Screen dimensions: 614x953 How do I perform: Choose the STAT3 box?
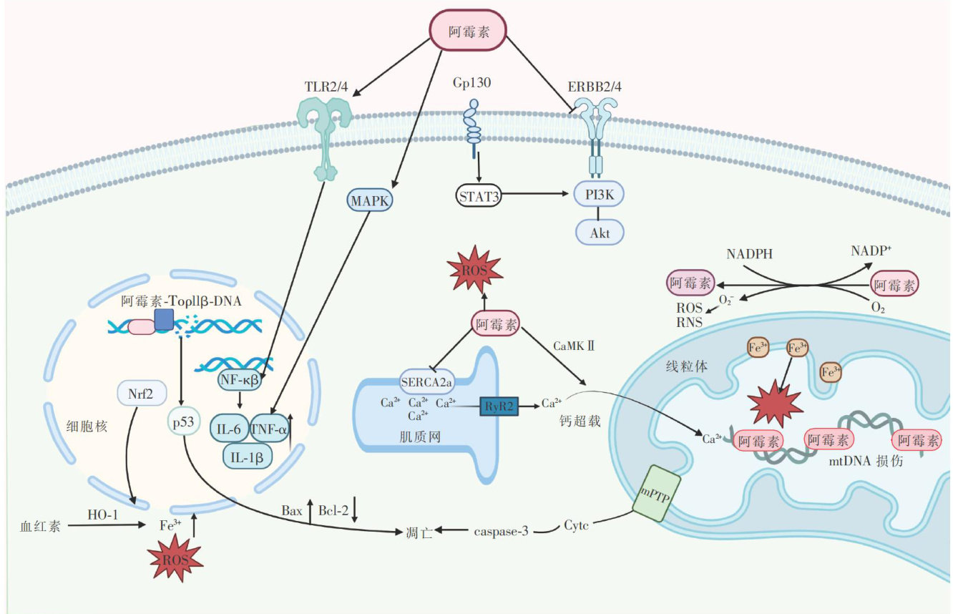point(478,194)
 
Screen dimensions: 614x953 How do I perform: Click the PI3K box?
point(600,194)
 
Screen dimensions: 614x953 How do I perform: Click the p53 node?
point(183,420)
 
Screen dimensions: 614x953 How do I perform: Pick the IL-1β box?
point(248,454)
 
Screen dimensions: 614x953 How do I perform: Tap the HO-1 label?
point(102,515)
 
